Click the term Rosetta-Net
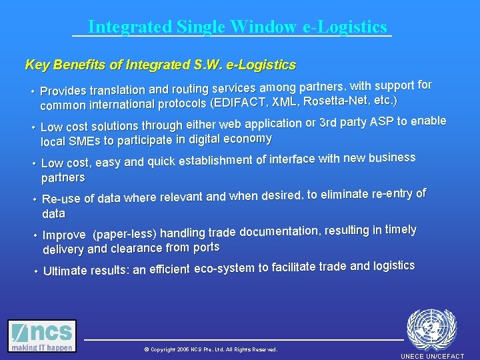click(x=335, y=101)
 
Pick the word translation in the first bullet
click(x=118, y=89)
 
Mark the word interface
click(x=287, y=159)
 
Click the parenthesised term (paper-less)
click(x=125, y=234)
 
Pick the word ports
click(x=206, y=247)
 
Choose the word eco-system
click(x=224, y=269)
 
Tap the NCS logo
click(x=42, y=336)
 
